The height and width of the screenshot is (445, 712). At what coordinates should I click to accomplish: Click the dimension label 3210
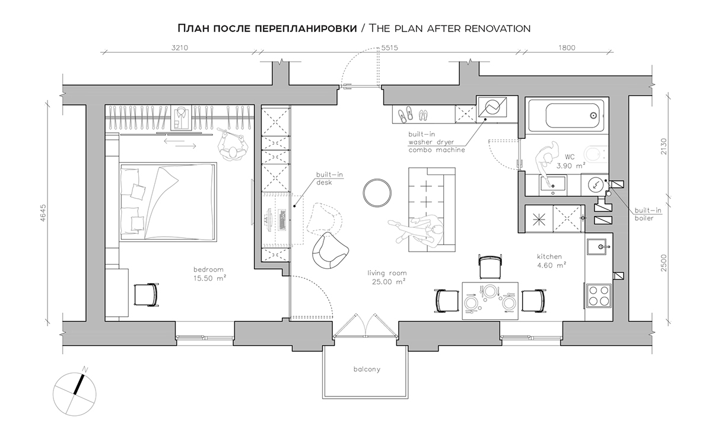pos(180,47)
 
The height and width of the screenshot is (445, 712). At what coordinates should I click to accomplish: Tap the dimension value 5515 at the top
pos(389,47)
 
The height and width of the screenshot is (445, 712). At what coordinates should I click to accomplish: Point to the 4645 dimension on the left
pos(43,212)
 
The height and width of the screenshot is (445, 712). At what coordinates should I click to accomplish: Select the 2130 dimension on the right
pos(664,146)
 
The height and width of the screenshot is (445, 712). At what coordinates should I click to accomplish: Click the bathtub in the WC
pos(566,116)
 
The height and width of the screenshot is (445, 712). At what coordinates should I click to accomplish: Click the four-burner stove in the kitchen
pos(599,295)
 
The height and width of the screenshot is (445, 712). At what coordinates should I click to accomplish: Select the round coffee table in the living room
pos(377,193)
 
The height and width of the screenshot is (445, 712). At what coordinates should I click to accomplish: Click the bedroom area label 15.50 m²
pos(210,278)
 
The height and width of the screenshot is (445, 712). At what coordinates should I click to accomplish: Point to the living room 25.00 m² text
pos(389,282)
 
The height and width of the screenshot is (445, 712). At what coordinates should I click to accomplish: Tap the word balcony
pos(367,369)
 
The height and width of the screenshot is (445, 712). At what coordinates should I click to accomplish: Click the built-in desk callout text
pos(329,179)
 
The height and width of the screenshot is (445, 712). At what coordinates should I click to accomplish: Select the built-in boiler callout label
pos(648,214)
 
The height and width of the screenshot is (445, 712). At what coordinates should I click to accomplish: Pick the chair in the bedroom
pos(146,295)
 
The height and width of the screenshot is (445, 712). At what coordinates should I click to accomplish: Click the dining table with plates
pos(490,301)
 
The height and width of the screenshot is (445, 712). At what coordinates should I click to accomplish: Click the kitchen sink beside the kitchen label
pos(597,247)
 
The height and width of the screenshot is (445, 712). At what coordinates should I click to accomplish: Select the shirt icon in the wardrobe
pos(181,117)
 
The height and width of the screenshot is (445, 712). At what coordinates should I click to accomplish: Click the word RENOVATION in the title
pos(497,28)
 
